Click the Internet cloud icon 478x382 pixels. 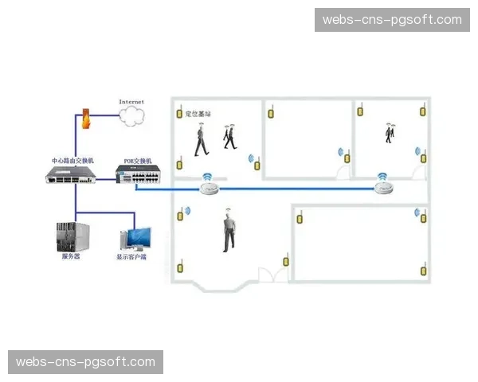pos(131,116)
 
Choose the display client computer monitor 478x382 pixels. pos(135,238)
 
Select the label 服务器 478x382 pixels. pos(70,257)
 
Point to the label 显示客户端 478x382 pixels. pos(132,257)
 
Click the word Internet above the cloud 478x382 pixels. pos(131,102)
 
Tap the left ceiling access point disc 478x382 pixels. pos(210,188)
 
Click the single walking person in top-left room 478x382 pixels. pos(200,142)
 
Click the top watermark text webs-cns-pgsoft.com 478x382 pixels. pos(392,20)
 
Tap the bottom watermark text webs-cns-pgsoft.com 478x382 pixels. pos(86,362)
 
